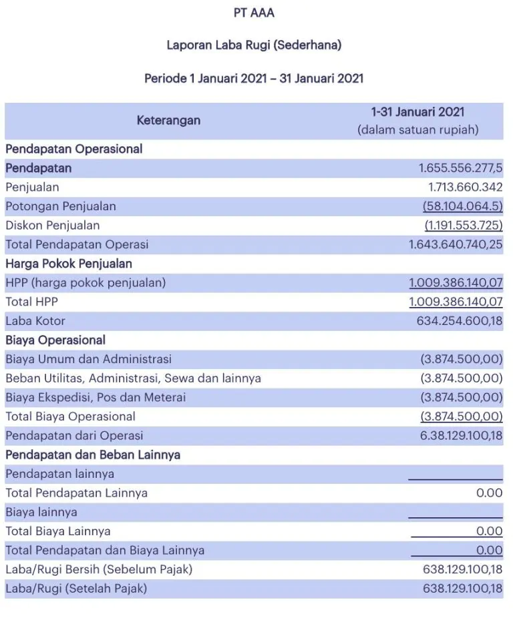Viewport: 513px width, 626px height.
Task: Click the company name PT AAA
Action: click(254, 13)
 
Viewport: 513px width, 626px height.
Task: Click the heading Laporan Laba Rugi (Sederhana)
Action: click(254, 45)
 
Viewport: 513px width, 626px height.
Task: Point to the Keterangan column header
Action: click(168, 121)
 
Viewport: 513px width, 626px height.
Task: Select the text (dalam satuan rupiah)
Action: click(418, 130)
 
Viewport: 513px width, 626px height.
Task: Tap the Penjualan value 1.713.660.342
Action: click(465, 188)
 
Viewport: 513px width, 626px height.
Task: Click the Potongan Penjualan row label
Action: click(61, 206)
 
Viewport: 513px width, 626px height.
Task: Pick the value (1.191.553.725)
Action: click(464, 226)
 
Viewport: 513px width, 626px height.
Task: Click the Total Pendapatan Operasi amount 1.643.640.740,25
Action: click(456, 244)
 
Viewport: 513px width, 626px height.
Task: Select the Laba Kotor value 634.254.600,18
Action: click(460, 321)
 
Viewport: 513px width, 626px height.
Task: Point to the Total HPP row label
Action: click(33, 302)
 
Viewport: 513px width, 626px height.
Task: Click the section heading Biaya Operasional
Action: click(55, 340)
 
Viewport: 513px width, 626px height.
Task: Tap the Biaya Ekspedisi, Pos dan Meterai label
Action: click(96, 398)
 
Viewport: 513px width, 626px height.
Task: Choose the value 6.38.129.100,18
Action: click(461, 436)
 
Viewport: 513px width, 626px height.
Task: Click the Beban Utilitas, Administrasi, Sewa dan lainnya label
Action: click(133, 378)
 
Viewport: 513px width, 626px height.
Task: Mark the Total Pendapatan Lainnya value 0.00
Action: click(490, 493)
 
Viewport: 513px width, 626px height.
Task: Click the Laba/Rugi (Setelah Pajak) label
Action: click(76, 589)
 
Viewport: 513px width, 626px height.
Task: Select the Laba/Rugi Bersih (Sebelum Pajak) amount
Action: click(462, 570)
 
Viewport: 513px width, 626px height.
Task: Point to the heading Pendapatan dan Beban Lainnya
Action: click(93, 455)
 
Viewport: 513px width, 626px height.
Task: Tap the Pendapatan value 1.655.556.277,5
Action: click(460, 168)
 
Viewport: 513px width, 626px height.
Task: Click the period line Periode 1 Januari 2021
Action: click(254, 78)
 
